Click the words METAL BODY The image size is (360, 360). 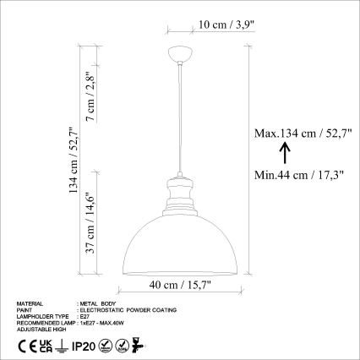coord(95,303)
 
